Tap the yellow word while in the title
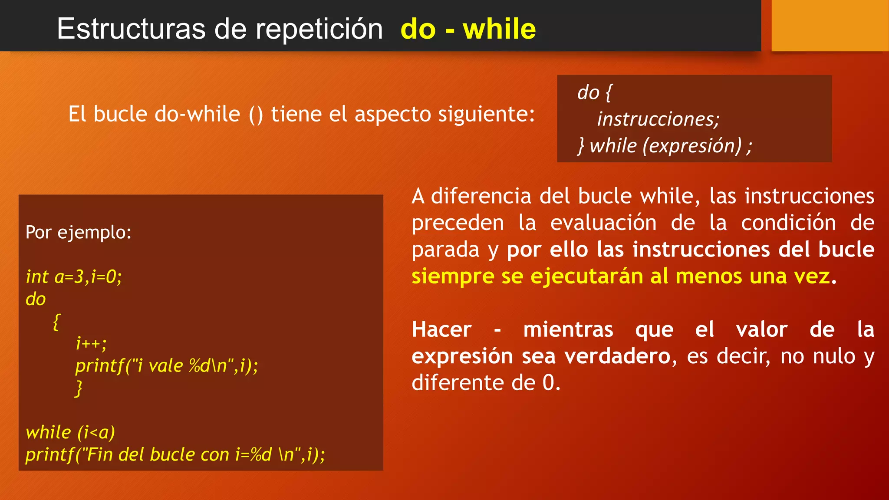click(x=499, y=29)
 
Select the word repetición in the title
click(x=319, y=29)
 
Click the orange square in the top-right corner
click(x=830, y=25)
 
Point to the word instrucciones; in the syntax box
click(x=658, y=119)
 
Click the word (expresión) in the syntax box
click(x=692, y=145)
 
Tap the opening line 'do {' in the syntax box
click(x=594, y=92)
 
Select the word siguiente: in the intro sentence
click(x=486, y=114)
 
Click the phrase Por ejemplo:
click(x=79, y=232)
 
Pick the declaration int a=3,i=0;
click(x=74, y=276)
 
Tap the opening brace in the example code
click(x=56, y=322)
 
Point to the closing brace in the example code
click(x=79, y=388)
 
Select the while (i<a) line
click(x=70, y=432)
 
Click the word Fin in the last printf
click(x=100, y=454)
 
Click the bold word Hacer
click(x=441, y=329)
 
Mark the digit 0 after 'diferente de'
click(x=548, y=383)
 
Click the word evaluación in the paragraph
click(x=603, y=223)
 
